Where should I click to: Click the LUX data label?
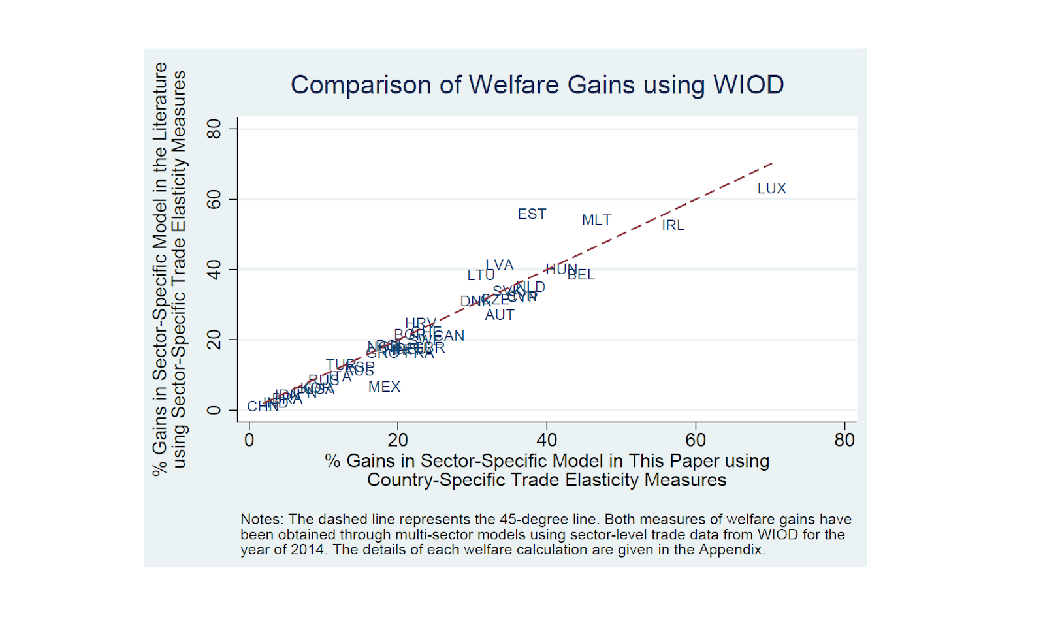[x=771, y=189]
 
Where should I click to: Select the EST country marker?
[x=532, y=214]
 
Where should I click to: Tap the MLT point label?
[x=596, y=220]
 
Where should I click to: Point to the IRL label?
[x=673, y=225]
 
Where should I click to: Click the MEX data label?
[x=384, y=387]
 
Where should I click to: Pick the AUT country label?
[x=500, y=315]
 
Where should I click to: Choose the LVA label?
[x=500, y=265]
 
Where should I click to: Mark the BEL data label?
[x=581, y=275]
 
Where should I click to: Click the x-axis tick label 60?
[x=696, y=440]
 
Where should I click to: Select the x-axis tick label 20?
[x=398, y=440]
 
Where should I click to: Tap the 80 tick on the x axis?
[x=844, y=440]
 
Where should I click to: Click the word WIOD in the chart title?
[x=748, y=85]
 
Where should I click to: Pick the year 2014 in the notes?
[x=307, y=550]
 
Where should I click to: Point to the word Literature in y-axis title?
[x=160, y=101]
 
